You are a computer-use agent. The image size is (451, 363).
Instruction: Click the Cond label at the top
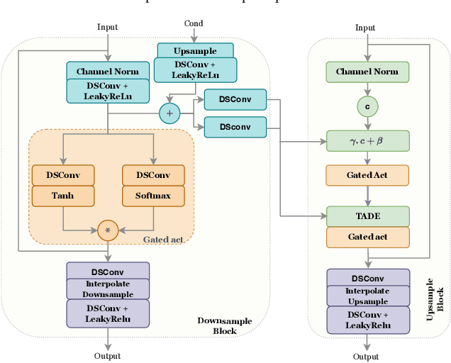tap(194, 23)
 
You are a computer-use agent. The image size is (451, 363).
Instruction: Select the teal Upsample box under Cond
tap(195, 51)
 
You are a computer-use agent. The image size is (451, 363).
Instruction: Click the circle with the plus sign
tap(170, 113)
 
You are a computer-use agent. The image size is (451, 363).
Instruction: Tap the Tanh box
tap(62, 196)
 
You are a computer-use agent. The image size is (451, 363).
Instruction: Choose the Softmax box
tap(153, 196)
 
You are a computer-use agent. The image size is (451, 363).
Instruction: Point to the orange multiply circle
tap(108, 230)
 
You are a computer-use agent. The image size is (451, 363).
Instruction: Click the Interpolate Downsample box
tap(108, 289)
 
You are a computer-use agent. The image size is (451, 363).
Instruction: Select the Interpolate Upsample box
tap(368, 295)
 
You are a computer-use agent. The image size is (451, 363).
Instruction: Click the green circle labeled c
tap(367, 106)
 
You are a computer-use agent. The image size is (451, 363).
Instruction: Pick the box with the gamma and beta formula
tap(367, 140)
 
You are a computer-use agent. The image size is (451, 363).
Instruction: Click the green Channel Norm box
tap(367, 72)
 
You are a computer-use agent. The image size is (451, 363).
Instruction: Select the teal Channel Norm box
tap(108, 71)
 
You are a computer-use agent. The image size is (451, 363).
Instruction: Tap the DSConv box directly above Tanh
tap(62, 175)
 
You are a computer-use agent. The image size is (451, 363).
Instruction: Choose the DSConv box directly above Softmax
tap(153, 175)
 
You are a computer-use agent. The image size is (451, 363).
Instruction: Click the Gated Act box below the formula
tap(367, 175)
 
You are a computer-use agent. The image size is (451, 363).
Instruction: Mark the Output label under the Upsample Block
tap(366, 357)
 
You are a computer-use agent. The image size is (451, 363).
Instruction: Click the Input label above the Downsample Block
tap(108, 27)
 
